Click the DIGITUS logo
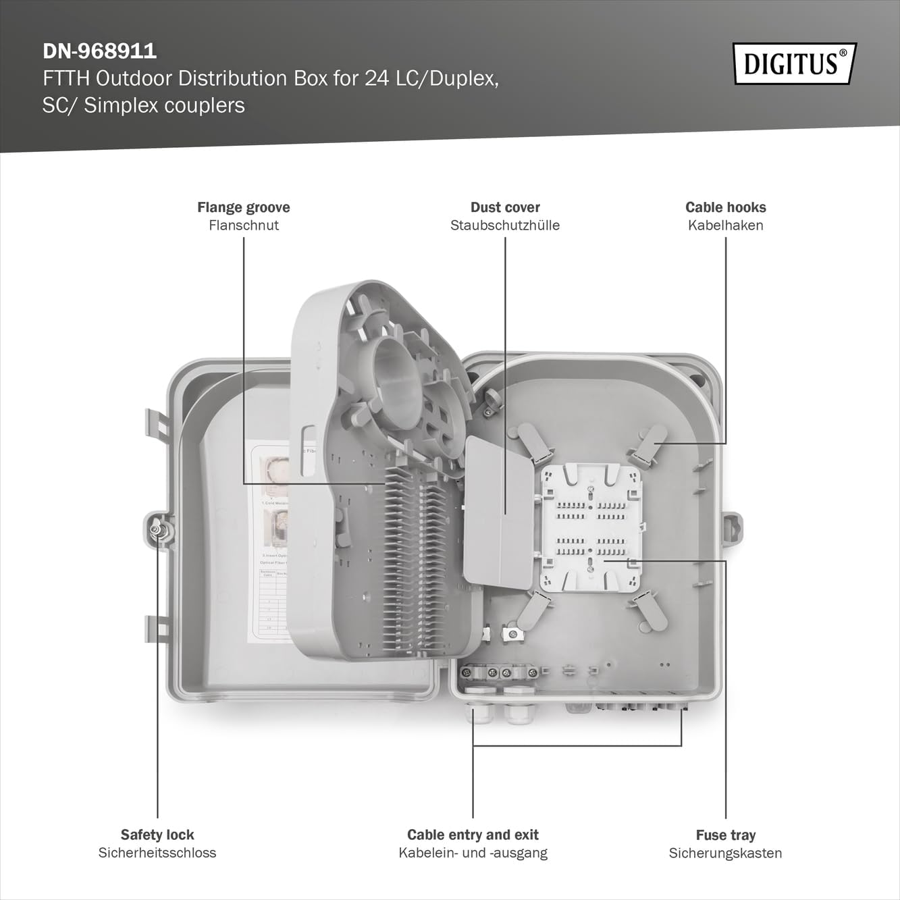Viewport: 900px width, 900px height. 795,63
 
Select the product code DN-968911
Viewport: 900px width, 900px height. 100,51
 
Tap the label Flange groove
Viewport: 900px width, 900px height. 244,207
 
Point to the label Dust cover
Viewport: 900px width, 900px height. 505,207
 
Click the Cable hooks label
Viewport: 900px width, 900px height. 726,207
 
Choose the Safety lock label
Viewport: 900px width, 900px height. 157,835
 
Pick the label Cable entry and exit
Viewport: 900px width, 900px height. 473,835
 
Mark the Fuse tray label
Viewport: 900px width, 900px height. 726,835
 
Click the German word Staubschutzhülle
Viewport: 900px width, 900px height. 505,226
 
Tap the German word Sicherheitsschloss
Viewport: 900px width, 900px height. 157,853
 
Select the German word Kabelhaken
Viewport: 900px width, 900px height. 726,226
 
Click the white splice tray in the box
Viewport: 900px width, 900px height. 590,527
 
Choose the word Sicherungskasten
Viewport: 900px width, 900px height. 726,853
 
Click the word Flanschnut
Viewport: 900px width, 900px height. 244,226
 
